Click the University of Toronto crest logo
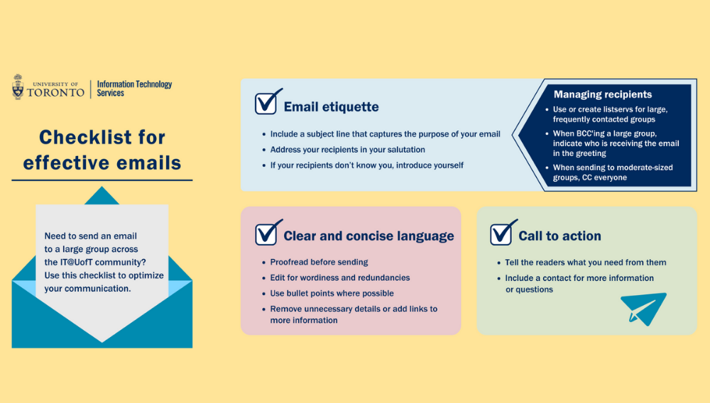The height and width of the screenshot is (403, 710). point(18,87)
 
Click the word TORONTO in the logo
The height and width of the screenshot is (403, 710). point(55,93)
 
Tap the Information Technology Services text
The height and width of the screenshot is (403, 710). point(134,89)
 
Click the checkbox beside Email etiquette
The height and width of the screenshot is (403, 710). point(267,101)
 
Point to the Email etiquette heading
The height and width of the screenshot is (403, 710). point(331,106)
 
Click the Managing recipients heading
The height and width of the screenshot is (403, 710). point(603,94)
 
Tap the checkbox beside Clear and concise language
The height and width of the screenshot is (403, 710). point(267,233)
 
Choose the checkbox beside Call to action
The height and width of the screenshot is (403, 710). point(503,233)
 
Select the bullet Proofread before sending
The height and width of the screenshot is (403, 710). point(319,262)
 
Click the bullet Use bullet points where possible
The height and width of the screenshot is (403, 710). point(332,293)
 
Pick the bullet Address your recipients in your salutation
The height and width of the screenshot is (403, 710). point(348,149)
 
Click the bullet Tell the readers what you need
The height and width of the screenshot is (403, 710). point(586,263)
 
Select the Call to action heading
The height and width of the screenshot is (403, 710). point(559,236)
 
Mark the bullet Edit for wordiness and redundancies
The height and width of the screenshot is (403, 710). point(340,277)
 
